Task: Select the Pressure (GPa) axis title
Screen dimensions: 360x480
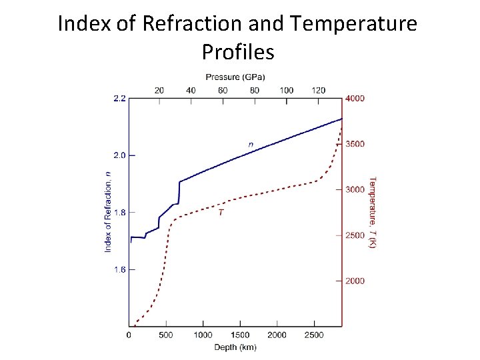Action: click(x=235, y=77)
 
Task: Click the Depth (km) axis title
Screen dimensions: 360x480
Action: click(x=235, y=347)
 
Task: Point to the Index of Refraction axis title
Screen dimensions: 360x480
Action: click(x=107, y=212)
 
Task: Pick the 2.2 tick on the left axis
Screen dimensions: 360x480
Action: click(x=119, y=98)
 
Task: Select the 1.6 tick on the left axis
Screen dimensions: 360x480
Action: click(x=119, y=270)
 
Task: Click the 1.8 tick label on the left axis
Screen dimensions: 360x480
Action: click(x=119, y=213)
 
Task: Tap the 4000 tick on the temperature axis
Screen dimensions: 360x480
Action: click(x=355, y=98)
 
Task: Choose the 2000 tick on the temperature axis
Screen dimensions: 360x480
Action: click(x=355, y=281)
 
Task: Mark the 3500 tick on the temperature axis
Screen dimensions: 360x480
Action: click(x=355, y=144)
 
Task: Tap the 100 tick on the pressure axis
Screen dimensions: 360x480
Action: click(x=287, y=90)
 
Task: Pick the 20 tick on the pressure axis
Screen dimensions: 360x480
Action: click(x=159, y=90)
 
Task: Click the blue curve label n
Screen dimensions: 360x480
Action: click(x=251, y=144)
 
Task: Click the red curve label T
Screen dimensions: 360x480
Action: click(x=221, y=213)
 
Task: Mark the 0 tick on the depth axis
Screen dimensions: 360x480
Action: click(x=129, y=335)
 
